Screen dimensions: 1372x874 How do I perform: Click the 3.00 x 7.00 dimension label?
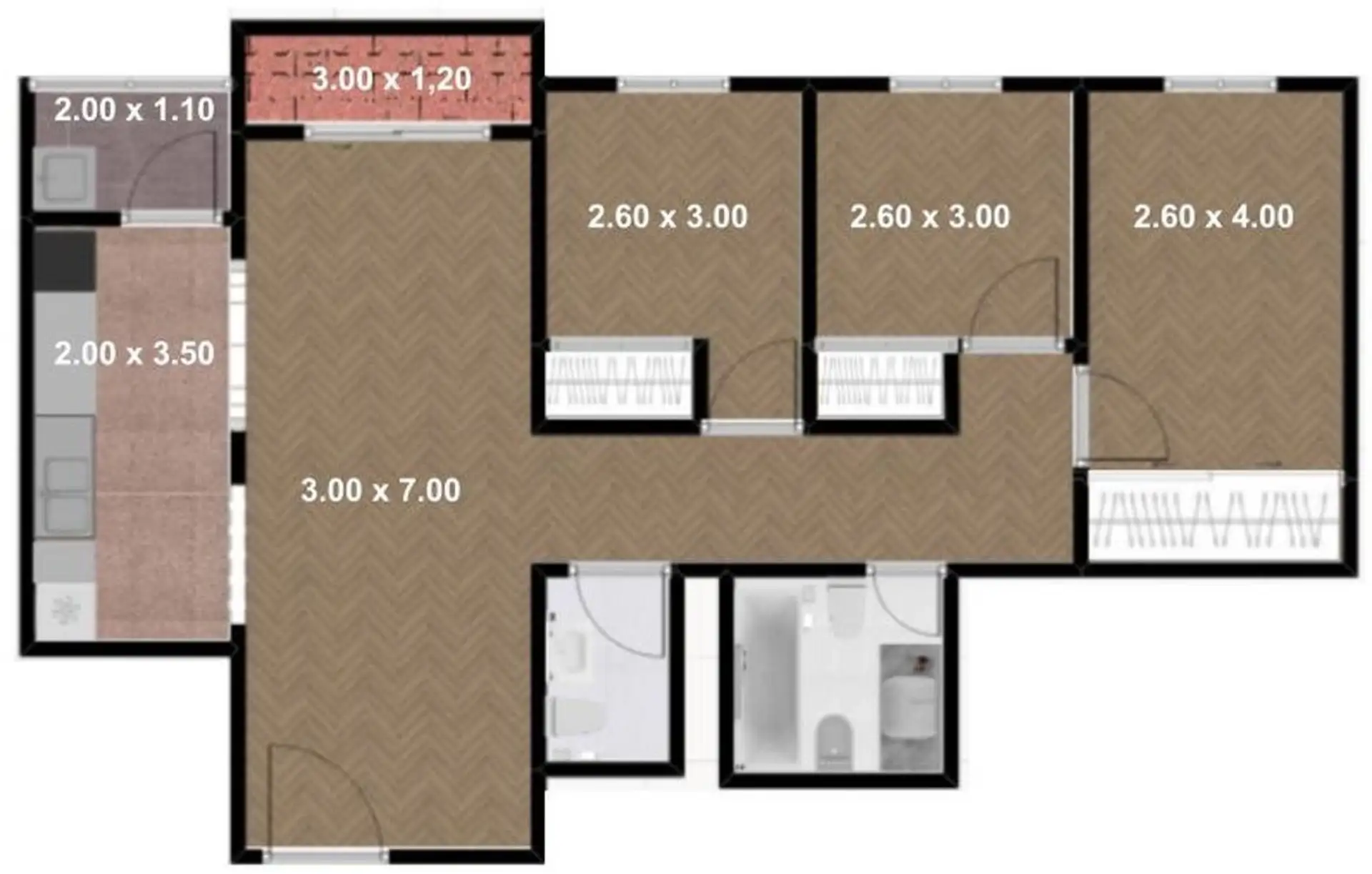click(x=380, y=490)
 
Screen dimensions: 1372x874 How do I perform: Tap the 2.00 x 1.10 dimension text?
click(x=134, y=109)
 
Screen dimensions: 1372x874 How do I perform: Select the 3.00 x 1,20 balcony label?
click(x=392, y=79)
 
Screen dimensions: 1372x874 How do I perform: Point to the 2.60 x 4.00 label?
click(x=1213, y=217)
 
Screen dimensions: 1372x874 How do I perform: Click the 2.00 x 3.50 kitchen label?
click(x=134, y=353)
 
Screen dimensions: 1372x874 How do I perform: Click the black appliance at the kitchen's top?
click(x=65, y=261)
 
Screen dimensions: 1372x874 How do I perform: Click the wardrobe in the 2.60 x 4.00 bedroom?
click(x=1214, y=516)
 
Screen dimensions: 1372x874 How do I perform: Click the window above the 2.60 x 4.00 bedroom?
click(x=1221, y=85)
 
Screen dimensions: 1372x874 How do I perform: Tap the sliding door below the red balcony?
click(x=398, y=133)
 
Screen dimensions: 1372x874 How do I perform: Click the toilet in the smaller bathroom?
click(x=575, y=717)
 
